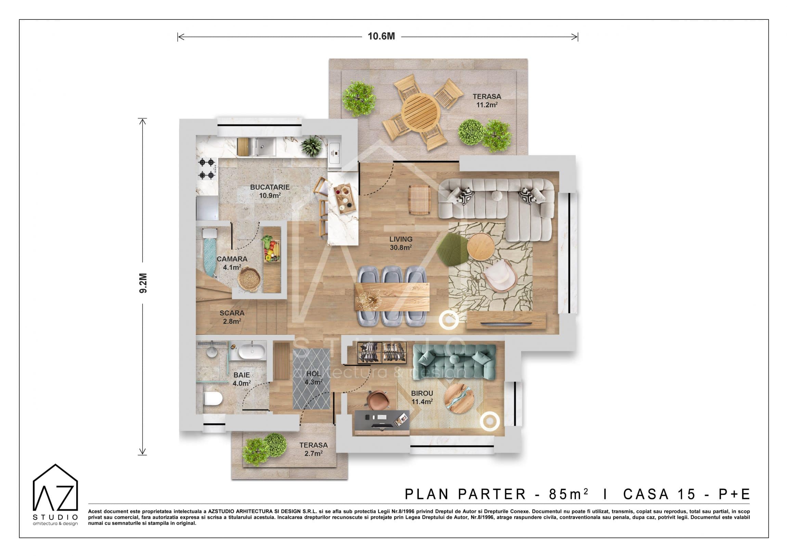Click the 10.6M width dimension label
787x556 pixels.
click(x=381, y=36)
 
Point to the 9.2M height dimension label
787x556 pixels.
click(x=143, y=283)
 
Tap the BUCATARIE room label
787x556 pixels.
click(x=270, y=187)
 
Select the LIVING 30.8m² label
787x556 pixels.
click(x=401, y=243)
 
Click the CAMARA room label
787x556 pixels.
click(x=232, y=259)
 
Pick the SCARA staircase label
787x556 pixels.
click(x=232, y=313)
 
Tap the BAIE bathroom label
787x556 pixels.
click(x=242, y=375)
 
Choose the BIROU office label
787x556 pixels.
click(x=422, y=393)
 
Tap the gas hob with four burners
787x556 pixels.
click(x=207, y=169)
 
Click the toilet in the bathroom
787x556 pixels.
click(x=213, y=398)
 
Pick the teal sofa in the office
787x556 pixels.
click(x=454, y=362)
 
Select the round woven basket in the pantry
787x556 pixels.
click(x=249, y=279)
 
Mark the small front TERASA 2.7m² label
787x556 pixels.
click(x=313, y=449)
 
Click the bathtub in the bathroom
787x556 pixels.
click(x=252, y=352)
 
